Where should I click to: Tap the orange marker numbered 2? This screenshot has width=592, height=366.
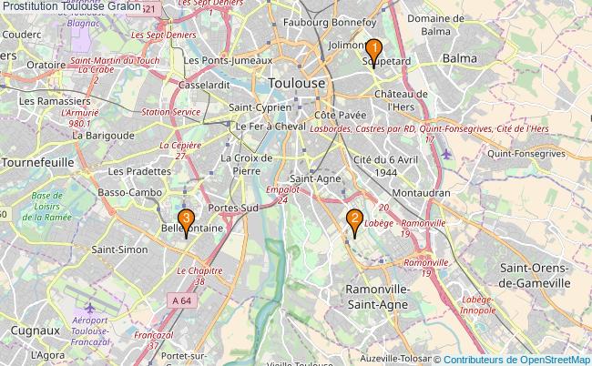(x=353, y=219)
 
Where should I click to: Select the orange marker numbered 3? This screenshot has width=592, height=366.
(x=186, y=220)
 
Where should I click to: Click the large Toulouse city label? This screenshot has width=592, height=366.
(x=297, y=83)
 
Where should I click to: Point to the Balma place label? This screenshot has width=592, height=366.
(x=459, y=58)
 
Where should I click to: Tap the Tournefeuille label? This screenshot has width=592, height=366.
(x=36, y=161)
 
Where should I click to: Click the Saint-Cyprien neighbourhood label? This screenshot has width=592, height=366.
(x=260, y=106)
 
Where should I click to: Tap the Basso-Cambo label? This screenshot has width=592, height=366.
(x=129, y=193)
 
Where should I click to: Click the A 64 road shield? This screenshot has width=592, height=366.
(x=179, y=300)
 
